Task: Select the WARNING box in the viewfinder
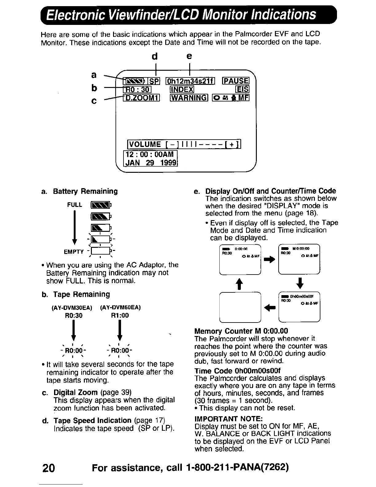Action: (189, 98)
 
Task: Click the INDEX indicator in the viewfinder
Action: (182, 89)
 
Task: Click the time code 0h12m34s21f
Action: (190, 81)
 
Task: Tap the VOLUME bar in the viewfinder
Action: (184, 144)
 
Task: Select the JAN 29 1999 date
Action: (151, 163)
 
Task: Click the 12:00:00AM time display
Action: (150, 154)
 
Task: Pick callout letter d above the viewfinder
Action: (155, 56)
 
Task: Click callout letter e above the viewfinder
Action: (189, 56)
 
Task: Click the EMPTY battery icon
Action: (100, 251)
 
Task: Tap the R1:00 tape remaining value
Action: (120, 315)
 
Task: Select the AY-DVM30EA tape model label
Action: (72, 307)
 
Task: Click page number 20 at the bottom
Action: (49, 468)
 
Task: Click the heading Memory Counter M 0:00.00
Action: (241, 331)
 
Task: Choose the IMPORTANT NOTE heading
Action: (229, 419)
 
